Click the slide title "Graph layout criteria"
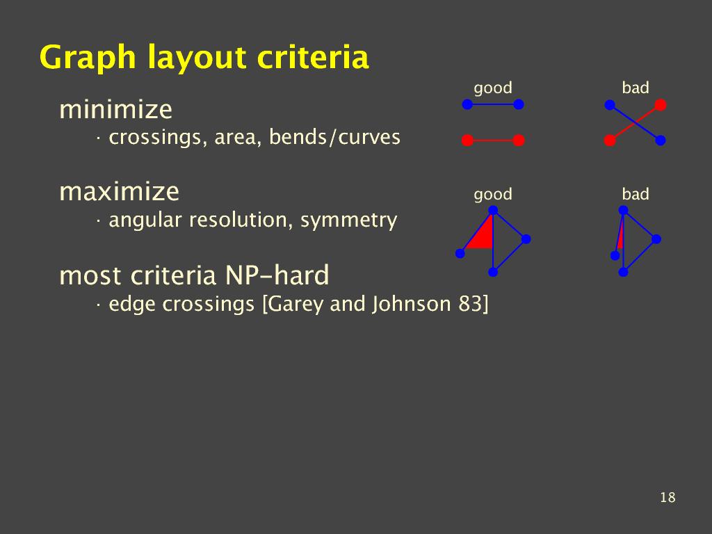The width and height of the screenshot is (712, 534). coord(204,58)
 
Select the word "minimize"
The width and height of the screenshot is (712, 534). coord(116,109)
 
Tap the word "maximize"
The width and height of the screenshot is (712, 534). coord(119,191)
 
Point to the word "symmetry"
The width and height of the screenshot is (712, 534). coord(349,220)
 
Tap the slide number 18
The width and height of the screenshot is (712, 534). coord(667,498)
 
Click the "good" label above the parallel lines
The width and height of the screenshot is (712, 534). coord(493,88)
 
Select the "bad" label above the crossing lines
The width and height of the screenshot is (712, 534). coord(636,87)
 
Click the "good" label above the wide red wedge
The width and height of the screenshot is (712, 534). coord(493,195)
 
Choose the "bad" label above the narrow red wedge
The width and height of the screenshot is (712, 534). coord(636,194)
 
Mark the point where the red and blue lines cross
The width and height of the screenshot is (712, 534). coord(635,122)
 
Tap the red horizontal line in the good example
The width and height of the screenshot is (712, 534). coord(493,140)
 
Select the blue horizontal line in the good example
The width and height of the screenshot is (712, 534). coord(493,104)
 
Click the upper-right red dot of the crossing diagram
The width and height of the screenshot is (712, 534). coord(661,105)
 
